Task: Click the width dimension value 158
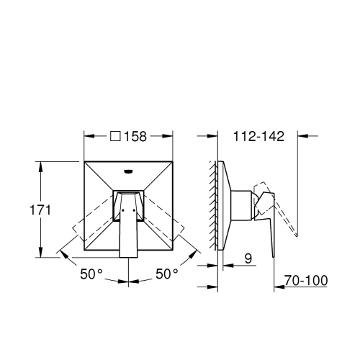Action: (x=138, y=135)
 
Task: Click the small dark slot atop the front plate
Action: (x=129, y=171)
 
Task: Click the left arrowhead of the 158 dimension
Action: (x=88, y=135)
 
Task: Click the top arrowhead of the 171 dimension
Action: (x=40, y=163)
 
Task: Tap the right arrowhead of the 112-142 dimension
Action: (x=303, y=135)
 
